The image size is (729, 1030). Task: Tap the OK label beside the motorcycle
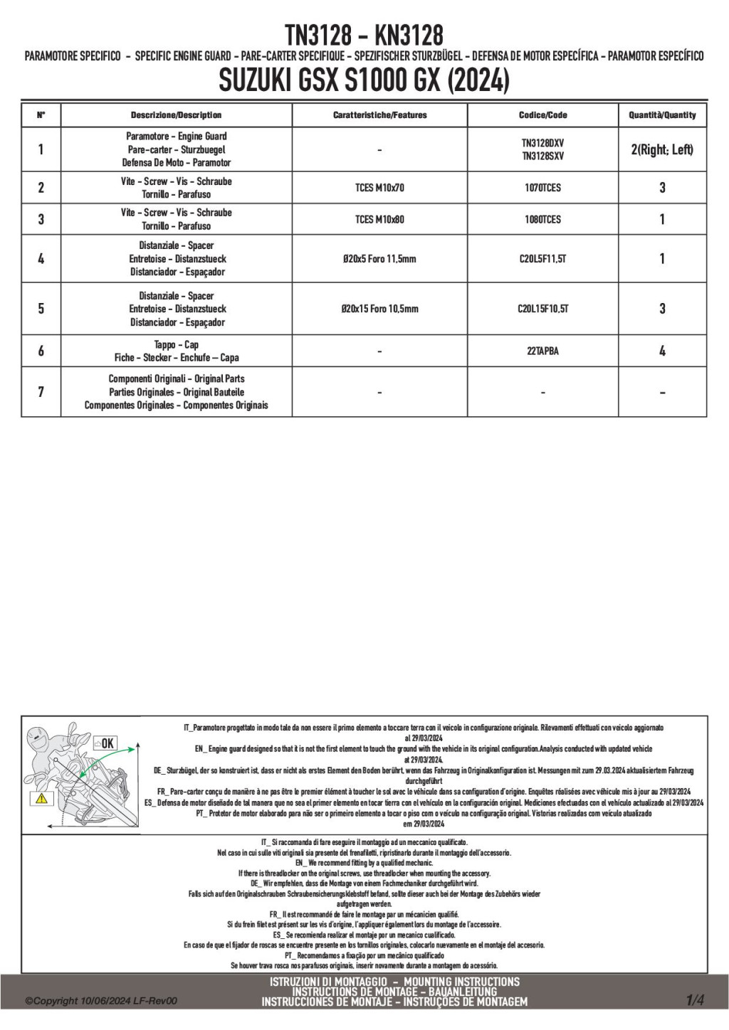(104, 743)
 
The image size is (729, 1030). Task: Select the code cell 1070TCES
(542, 188)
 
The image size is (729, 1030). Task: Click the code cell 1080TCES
(542, 220)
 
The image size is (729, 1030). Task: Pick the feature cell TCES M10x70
(379, 188)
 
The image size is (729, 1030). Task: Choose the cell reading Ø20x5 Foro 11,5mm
(379, 259)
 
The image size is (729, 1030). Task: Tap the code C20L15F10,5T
(542, 309)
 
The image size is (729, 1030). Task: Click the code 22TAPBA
(542, 351)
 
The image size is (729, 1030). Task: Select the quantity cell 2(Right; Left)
(662, 149)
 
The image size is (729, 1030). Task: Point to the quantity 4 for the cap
(662, 351)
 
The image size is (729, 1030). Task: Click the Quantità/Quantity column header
(662, 115)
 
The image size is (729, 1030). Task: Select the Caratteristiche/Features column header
(379, 115)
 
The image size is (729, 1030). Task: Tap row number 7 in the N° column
(41, 392)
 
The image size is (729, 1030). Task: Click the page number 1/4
(695, 1001)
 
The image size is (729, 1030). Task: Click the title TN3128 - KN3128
(364, 34)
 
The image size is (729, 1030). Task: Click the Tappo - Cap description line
(176, 344)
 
